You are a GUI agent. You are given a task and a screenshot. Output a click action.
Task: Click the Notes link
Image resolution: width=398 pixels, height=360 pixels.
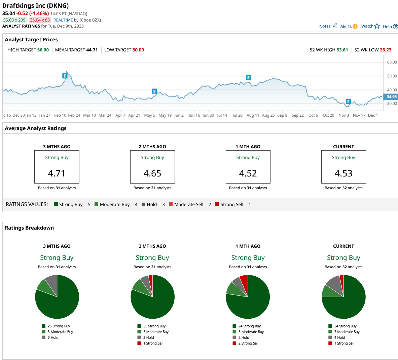(327, 26)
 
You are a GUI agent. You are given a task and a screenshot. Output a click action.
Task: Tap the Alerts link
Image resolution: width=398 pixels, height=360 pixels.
(349, 27)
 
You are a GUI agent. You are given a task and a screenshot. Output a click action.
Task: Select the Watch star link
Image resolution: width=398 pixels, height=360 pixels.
(370, 26)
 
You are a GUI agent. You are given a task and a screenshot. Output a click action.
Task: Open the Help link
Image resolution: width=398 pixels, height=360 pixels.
(390, 27)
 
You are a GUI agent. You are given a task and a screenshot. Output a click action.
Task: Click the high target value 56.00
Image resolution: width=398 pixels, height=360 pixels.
(43, 50)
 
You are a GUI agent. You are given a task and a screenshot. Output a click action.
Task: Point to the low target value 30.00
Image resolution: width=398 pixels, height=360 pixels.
(138, 50)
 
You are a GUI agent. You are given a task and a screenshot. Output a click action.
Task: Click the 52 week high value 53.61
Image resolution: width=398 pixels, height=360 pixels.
(342, 50)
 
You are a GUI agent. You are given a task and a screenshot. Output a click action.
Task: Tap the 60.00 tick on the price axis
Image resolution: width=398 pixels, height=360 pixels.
(392, 63)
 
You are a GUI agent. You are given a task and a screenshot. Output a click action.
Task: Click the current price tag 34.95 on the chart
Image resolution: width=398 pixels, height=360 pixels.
(391, 97)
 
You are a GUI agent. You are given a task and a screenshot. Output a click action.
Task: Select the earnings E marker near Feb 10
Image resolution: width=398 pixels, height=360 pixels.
(65, 76)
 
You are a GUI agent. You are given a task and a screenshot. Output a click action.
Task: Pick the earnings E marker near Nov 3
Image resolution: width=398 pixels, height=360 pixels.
(348, 102)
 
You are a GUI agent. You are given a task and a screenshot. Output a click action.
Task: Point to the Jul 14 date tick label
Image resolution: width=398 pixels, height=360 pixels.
(222, 115)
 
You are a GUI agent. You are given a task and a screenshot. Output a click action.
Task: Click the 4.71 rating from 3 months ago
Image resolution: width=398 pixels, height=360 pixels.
(57, 173)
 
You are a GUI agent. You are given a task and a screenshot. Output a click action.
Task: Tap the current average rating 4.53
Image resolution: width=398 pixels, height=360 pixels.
(343, 173)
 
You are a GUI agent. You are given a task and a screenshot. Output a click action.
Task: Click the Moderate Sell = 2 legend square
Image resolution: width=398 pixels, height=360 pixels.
(171, 204)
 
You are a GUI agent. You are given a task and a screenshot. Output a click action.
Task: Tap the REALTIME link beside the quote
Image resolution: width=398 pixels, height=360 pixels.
(63, 20)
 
